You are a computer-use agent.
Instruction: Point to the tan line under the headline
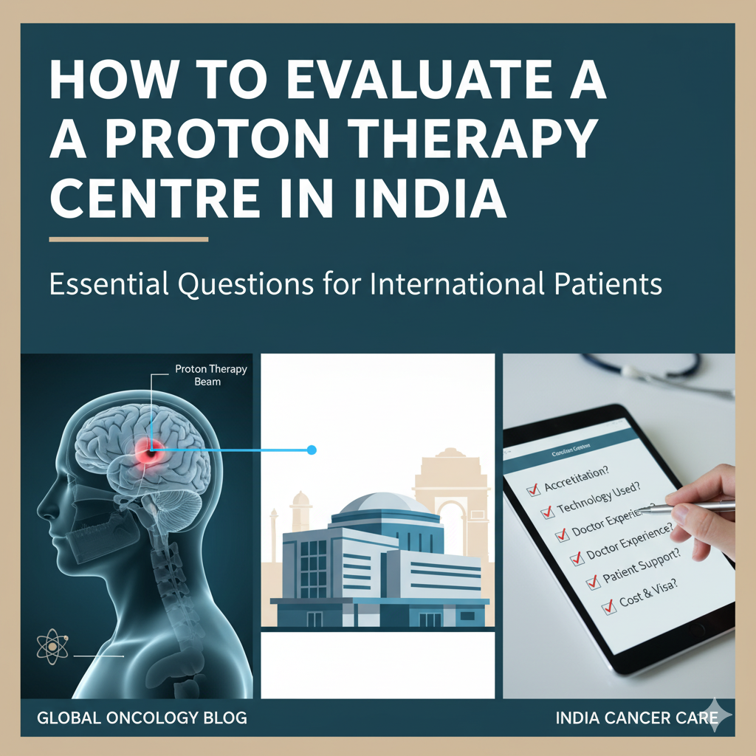pyautogui.click(x=128, y=238)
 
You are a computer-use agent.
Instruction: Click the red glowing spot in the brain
pyautogui.click(x=150, y=452)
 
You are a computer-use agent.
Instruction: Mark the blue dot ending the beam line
pyautogui.click(x=311, y=449)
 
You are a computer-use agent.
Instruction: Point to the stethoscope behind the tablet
pyautogui.click(x=650, y=367)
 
